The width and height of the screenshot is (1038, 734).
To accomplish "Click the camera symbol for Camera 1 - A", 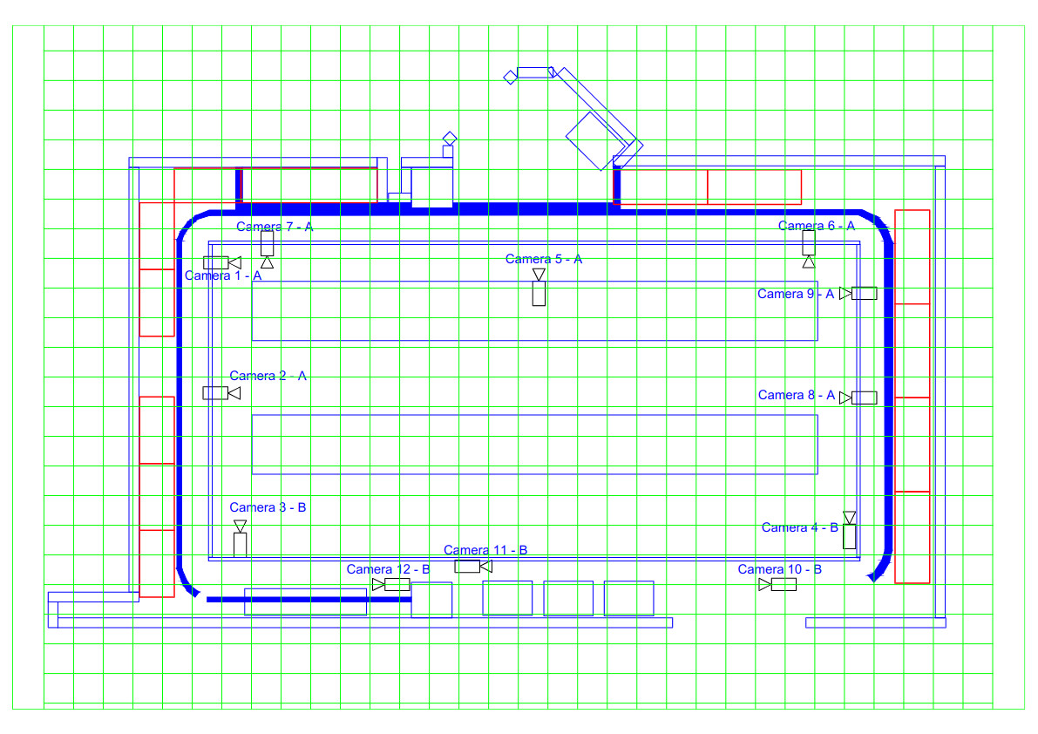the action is [221, 262].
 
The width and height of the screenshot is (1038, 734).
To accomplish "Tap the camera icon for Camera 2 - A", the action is [221, 392].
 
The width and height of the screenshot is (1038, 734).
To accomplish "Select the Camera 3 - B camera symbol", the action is [241, 538].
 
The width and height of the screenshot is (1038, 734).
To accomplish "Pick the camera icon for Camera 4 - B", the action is [850, 529].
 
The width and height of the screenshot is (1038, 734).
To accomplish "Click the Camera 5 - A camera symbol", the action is [539, 287].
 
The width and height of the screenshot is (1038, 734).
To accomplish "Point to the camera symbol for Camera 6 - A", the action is [808, 248].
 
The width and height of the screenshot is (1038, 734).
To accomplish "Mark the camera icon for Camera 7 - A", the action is [267, 248].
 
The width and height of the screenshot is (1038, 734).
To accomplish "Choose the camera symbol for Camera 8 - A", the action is [858, 398].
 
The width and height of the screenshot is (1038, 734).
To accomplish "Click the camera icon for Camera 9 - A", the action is [858, 293].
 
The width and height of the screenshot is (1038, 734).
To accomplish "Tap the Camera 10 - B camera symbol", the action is [777, 584].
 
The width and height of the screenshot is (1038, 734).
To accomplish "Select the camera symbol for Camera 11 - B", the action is [473, 566].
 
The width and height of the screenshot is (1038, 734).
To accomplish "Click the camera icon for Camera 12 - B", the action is [390, 584].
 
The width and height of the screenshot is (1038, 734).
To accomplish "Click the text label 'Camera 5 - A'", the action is [544, 259].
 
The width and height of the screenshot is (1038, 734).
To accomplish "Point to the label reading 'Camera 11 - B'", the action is [485, 549].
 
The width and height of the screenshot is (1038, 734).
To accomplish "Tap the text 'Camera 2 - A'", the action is [268, 375].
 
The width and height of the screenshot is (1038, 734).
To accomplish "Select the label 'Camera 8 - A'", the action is [797, 395].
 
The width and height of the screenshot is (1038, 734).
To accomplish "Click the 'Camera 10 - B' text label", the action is [780, 568].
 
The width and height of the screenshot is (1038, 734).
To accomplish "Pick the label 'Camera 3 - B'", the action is [268, 507].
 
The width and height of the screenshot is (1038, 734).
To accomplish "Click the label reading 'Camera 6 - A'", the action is [817, 226].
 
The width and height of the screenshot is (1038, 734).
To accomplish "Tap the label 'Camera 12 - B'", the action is [388, 568].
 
